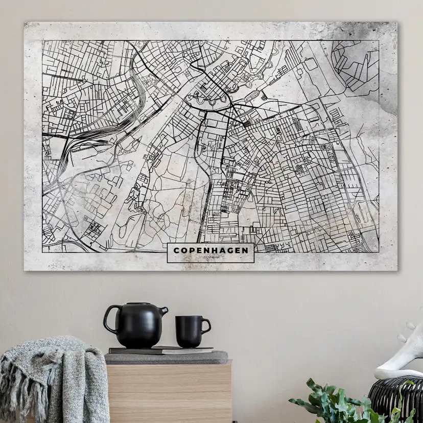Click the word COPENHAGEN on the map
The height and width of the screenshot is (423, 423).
click(x=210, y=250)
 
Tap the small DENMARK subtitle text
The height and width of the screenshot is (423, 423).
click(x=210, y=257)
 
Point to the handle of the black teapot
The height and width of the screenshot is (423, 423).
click(x=110, y=320)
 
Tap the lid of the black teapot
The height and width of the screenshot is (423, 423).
click(x=135, y=305)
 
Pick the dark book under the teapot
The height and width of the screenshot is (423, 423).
click(x=160, y=350)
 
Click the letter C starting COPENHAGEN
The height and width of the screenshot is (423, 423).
click(x=176, y=250)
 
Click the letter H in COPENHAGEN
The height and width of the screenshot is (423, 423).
click(x=215, y=250)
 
